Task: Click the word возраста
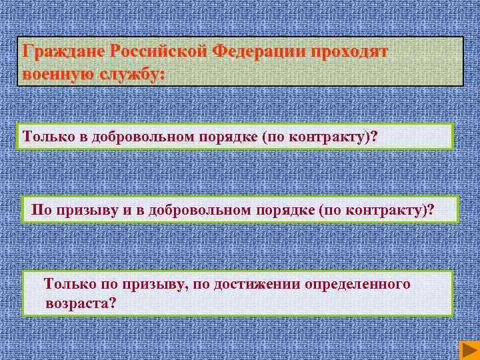click(x=78, y=303)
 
